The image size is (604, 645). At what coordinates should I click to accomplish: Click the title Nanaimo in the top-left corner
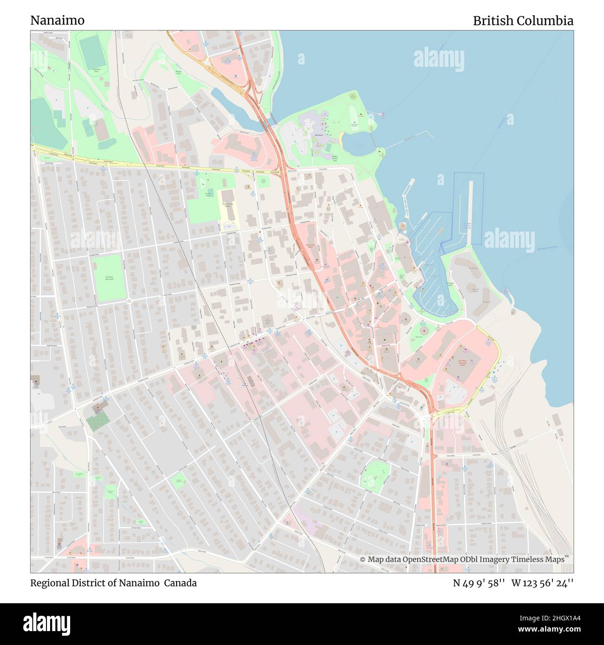[x=57, y=20]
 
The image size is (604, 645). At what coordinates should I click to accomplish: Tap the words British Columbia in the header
[x=523, y=20]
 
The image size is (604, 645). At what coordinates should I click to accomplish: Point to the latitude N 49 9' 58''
[x=479, y=583]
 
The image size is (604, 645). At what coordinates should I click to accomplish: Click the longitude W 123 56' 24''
[x=542, y=583]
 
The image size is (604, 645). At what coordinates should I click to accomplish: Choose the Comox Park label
[x=208, y=194]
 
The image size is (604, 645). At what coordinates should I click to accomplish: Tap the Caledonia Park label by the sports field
[x=96, y=71]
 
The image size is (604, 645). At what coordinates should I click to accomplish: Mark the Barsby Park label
[x=178, y=73]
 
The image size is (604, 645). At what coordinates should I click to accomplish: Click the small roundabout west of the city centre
[x=129, y=301]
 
